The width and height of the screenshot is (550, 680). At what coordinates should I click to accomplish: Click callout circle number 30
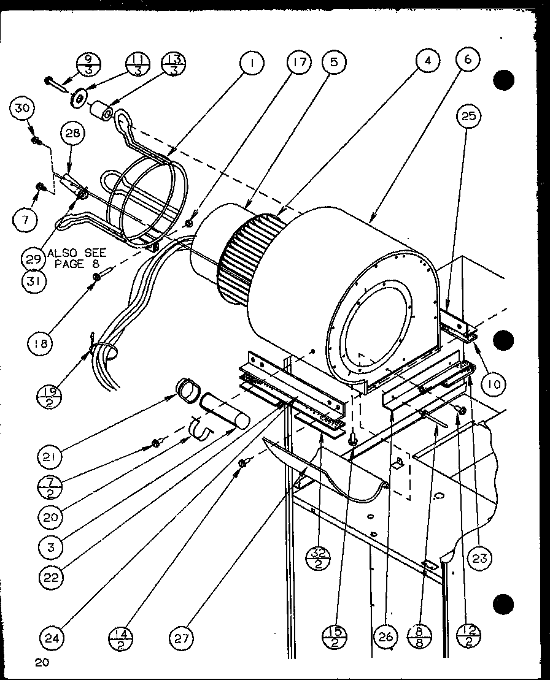[x=22, y=109]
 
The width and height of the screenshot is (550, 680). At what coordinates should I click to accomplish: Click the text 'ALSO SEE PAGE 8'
[x=77, y=258]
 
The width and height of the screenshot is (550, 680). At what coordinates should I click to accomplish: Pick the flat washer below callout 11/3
[x=80, y=99]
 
